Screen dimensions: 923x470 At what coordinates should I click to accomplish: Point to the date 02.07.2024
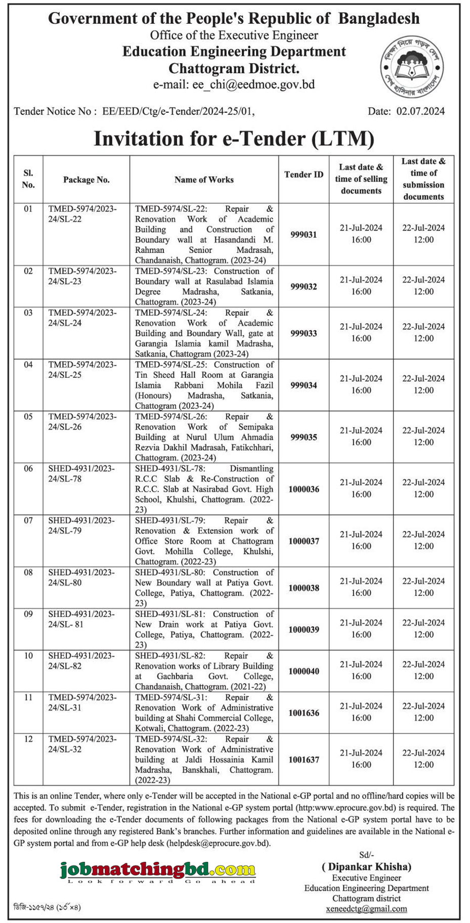(x=420, y=111)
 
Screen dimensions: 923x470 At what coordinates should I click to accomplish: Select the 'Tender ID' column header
(x=304, y=174)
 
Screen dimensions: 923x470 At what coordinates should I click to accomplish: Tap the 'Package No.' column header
(x=87, y=180)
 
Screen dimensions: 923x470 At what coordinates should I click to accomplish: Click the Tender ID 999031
(x=304, y=235)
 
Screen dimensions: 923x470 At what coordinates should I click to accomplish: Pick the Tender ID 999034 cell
(x=304, y=385)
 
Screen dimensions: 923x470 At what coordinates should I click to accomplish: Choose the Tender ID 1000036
(x=304, y=490)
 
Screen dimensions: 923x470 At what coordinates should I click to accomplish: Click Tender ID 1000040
(x=304, y=672)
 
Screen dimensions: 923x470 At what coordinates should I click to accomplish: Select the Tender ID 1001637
(x=304, y=760)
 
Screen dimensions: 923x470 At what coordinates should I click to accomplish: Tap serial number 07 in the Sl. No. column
(x=28, y=520)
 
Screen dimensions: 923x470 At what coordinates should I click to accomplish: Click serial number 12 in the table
(x=28, y=739)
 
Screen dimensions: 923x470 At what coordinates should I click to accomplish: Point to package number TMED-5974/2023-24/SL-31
(x=82, y=702)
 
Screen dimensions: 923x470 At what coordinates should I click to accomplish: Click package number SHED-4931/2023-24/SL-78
(x=81, y=474)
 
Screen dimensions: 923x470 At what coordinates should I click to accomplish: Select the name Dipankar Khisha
(x=366, y=867)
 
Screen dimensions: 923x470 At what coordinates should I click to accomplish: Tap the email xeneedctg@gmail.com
(x=366, y=909)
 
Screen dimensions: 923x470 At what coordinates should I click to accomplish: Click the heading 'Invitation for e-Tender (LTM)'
(x=234, y=139)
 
